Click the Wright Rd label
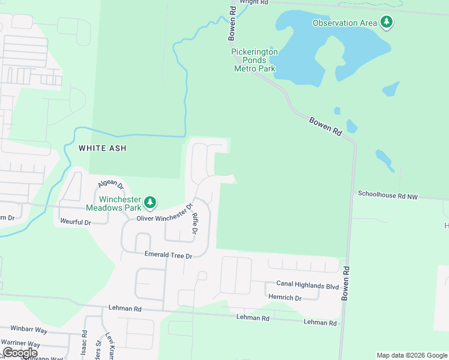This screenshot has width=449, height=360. pos(253,2)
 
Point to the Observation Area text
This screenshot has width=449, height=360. pos(345,23)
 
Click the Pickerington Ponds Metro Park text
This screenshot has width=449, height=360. pos(255,60)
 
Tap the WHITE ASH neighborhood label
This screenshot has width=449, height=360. pos(103,148)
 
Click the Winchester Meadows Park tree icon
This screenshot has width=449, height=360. pos(150,203)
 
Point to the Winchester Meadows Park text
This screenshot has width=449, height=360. pos(120,203)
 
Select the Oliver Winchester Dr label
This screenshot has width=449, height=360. pos(164,215)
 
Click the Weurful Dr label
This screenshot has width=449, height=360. pos(75,222)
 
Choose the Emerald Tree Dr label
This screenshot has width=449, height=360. pos(168,255)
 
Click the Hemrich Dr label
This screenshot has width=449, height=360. pos(285,297)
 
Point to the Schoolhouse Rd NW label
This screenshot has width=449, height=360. pos(387,195)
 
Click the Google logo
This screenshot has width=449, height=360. pos(20,353)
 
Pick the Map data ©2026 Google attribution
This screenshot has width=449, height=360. pos(411,355)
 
